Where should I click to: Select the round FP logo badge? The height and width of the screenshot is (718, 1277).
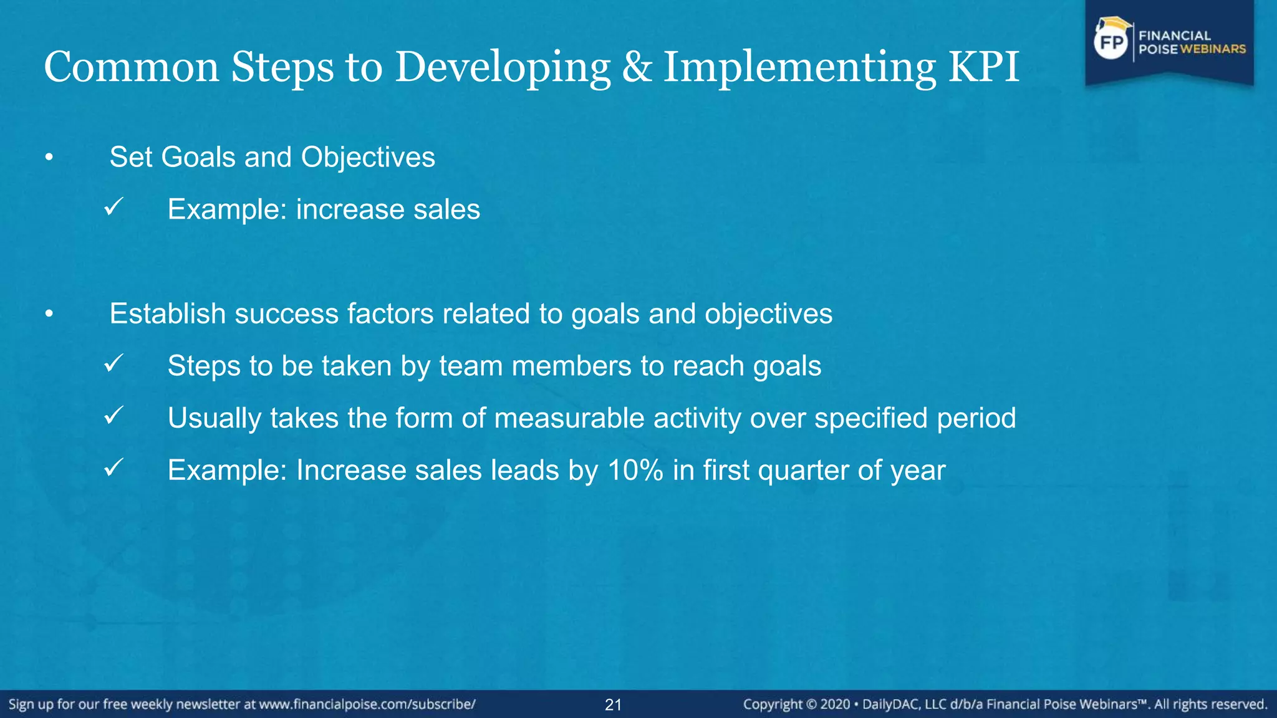1112,42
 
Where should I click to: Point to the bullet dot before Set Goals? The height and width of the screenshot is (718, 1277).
49,158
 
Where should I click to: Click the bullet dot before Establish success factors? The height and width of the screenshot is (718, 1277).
49,315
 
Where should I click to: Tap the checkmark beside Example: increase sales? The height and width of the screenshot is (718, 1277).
113,207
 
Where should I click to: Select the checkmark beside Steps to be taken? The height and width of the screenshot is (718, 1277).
113,363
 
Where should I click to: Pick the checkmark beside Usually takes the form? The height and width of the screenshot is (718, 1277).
113,416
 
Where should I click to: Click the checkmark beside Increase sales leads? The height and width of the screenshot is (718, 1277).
113,467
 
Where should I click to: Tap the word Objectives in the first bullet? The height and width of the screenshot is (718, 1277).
368,158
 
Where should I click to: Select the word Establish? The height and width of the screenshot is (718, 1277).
167,314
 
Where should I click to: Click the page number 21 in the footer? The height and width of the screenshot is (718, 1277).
613,705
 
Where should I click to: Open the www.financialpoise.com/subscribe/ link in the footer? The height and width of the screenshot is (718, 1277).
367,705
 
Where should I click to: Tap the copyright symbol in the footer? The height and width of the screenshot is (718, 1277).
811,705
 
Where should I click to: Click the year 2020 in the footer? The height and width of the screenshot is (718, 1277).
835,705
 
